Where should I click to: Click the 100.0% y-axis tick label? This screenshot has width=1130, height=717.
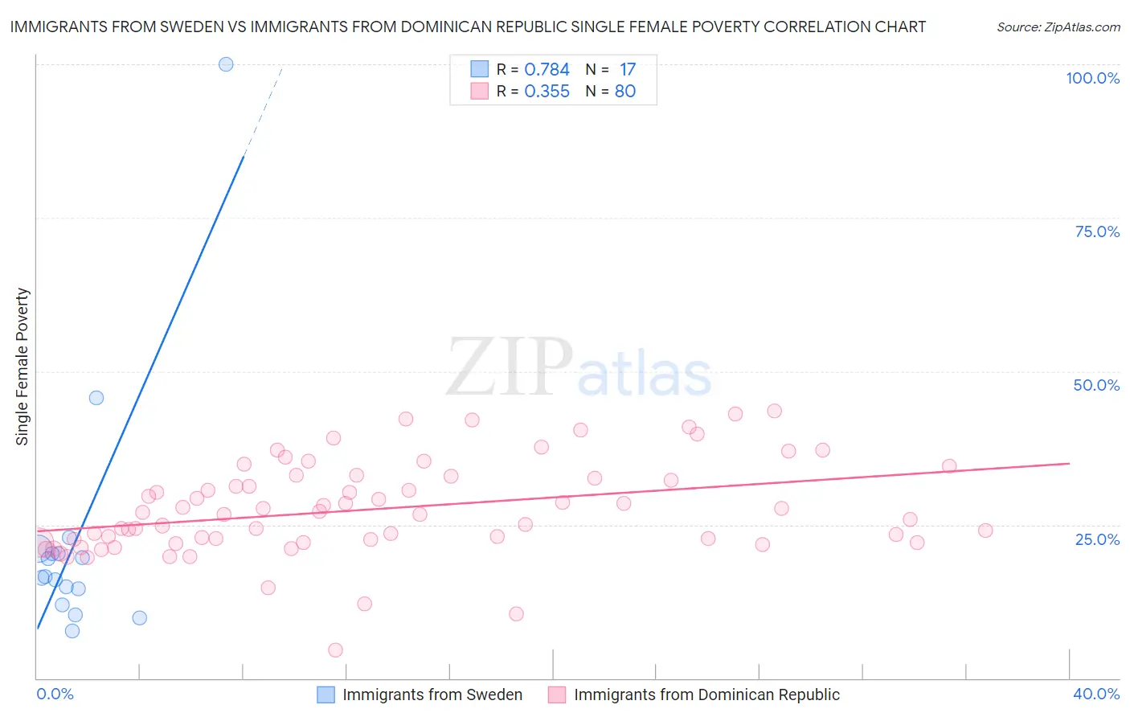tap(1092, 78)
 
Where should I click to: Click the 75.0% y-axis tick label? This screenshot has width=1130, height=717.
tap(1097, 231)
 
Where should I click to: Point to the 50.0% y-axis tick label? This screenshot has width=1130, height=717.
tap(1096, 385)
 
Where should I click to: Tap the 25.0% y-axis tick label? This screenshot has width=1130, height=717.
tap(1097, 539)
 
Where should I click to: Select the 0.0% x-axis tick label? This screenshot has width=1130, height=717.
tap(55, 694)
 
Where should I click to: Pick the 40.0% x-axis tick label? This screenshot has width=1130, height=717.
tap(1096, 694)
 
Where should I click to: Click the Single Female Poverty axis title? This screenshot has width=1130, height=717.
tap(23, 367)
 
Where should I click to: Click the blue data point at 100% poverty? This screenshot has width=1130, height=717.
tap(226, 64)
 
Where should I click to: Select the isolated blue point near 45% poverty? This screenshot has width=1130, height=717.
tap(96, 397)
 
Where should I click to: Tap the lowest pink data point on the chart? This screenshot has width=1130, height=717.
tap(336, 649)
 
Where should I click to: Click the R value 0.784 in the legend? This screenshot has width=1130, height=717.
tap(547, 70)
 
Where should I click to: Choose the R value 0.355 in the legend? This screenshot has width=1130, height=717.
tap(547, 92)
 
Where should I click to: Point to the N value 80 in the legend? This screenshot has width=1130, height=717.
tap(625, 92)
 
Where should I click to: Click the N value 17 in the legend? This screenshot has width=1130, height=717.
tap(628, 70)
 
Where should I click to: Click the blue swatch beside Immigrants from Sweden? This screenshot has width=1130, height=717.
tap(325, 694)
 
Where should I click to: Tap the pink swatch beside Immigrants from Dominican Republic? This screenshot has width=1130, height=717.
tap(557, 694)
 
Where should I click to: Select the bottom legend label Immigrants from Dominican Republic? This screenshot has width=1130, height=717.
tap(706, 694)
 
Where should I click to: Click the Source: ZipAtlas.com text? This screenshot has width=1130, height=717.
tap(1058, 27)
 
